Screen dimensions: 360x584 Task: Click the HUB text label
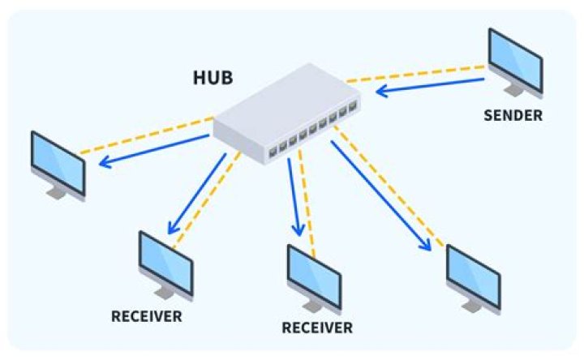[213, 79]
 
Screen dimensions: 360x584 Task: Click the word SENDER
[513, 115]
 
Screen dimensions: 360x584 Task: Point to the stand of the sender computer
[512, 87]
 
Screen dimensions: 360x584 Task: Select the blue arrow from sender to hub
[430, 86]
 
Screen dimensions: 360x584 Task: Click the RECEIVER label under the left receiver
[146, 315]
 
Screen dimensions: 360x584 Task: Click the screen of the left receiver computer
[165, 261]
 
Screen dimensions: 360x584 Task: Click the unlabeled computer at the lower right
[474, 276]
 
